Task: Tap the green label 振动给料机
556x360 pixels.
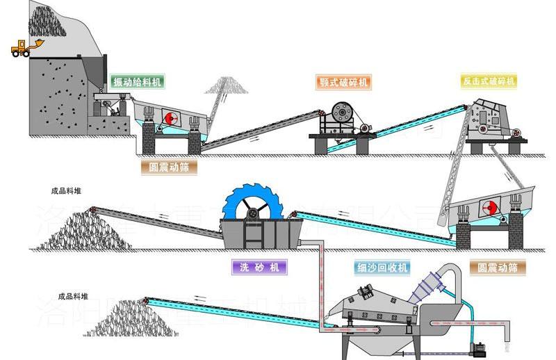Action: pos(136,82)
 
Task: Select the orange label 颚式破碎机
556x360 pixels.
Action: pos(343,82)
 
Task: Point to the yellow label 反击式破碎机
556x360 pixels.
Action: pos(489,82)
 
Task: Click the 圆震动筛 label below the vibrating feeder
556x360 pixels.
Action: pos(167,167)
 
